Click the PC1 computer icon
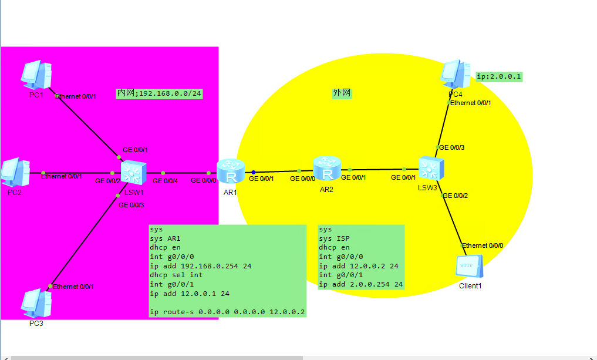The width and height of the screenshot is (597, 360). point(36,75)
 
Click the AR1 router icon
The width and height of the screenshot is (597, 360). point(230,171)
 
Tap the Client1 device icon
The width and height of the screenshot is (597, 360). point(469,267)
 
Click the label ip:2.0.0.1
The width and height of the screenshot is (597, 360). point(498,77)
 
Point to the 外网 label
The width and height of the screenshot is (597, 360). point(342,93)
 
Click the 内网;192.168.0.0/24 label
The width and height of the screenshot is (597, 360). point(159,93)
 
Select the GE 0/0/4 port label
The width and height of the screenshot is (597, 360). point(165,181)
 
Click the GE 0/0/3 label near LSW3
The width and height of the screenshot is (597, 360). point(452,147)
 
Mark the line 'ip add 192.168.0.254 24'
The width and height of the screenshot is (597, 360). point(201,266)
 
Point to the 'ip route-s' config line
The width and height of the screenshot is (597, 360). point(227,312)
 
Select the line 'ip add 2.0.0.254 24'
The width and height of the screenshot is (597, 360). point(360,284)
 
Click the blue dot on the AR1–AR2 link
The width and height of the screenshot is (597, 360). point(253,172)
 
